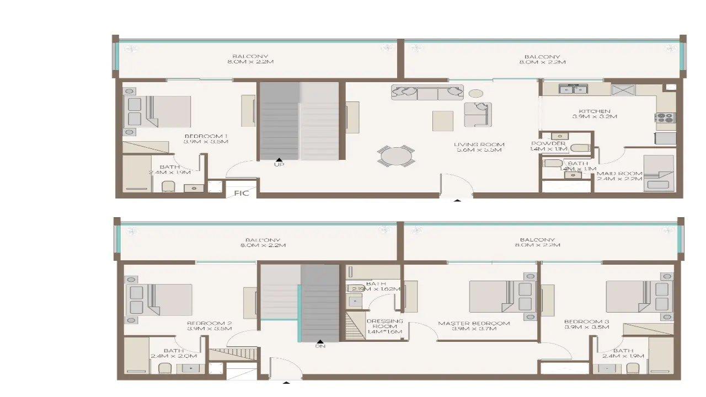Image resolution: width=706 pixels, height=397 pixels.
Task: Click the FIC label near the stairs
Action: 242,193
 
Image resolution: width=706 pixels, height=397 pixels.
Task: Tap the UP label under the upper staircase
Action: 279,164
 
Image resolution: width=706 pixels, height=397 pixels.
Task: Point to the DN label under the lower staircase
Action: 320,346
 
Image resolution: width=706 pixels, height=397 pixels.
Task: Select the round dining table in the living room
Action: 395,156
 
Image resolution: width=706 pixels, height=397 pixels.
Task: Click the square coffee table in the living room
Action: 442,121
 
